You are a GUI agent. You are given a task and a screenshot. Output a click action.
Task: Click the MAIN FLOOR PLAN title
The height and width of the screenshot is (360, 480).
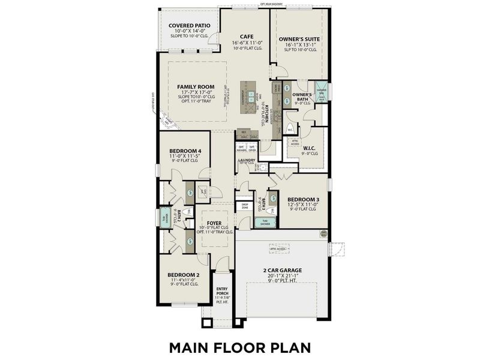point(239,347)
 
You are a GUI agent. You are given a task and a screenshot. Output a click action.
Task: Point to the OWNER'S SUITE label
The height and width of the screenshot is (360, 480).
point(299,39)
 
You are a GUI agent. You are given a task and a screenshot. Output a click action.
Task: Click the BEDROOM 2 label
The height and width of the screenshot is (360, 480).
point(182,275)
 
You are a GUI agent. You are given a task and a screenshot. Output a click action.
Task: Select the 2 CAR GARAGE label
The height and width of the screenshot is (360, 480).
point(281,271)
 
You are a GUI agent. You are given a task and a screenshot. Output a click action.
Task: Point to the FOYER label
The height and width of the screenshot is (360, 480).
point(215,223)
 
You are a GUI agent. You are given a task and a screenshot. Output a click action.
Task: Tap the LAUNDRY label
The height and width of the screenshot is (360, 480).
point(247,161)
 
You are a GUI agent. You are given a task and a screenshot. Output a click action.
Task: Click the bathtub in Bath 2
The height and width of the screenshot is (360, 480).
point(164,216)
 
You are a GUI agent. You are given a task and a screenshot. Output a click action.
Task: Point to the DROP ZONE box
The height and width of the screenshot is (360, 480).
point(245,206)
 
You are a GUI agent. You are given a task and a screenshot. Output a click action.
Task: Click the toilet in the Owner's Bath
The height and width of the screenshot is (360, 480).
point(289,129)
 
